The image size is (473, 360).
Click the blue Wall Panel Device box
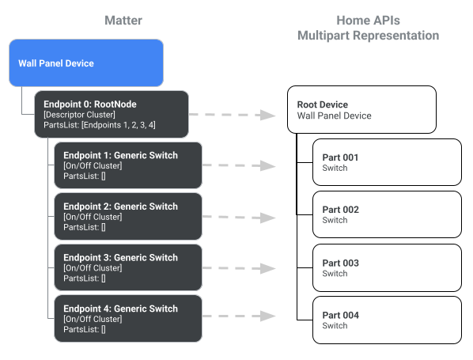(86, 63)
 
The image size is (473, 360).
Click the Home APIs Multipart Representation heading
(367, 28)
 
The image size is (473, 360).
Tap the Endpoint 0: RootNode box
(112, 115)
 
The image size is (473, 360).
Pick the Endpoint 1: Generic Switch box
(127, 165)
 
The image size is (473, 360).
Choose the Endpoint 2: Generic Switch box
(127, 216)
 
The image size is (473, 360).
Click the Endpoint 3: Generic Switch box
(127, 267)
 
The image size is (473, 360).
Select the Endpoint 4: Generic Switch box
(127, 318)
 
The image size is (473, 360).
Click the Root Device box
(361, 110)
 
